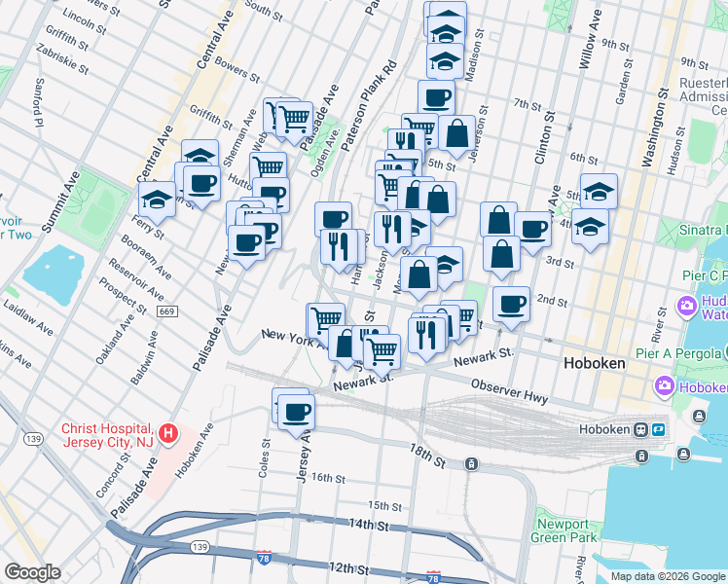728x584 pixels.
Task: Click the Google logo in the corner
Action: point(32,572)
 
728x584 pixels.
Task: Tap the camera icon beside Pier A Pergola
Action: point(666,386)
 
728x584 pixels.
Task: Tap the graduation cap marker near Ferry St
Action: point(156,200)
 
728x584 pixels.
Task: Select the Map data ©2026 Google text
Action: point(667,576)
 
